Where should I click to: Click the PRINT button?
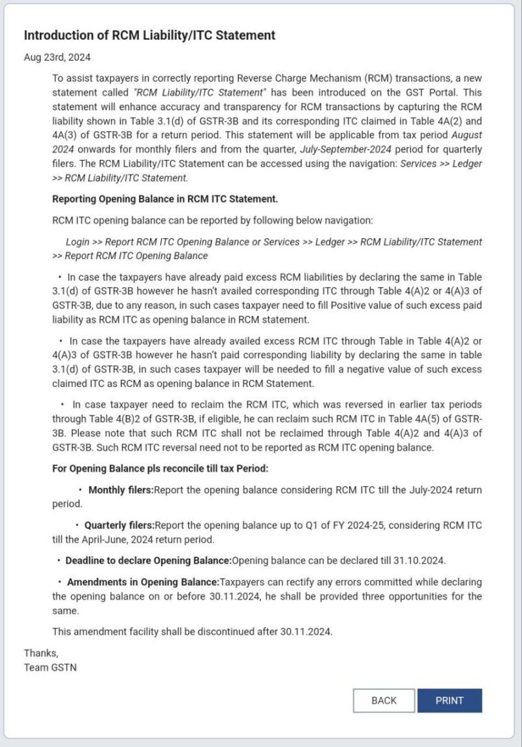[x=450, y=701]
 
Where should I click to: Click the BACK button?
[x=384, y=701]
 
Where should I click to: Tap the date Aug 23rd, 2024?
[x=57, y=57]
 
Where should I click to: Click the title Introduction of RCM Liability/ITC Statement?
[x=149, y=35]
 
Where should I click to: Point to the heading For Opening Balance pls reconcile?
[x=160, y=468]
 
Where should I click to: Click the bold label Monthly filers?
[x=121, y=490]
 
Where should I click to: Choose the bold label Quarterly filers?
[x=119, y=525]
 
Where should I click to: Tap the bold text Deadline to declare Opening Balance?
[x=148, y=560]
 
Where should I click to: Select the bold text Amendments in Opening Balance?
[x=143, y=582]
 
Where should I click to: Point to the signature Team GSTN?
[x=50, y=667]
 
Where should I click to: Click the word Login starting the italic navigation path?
[x=78, y=241]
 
